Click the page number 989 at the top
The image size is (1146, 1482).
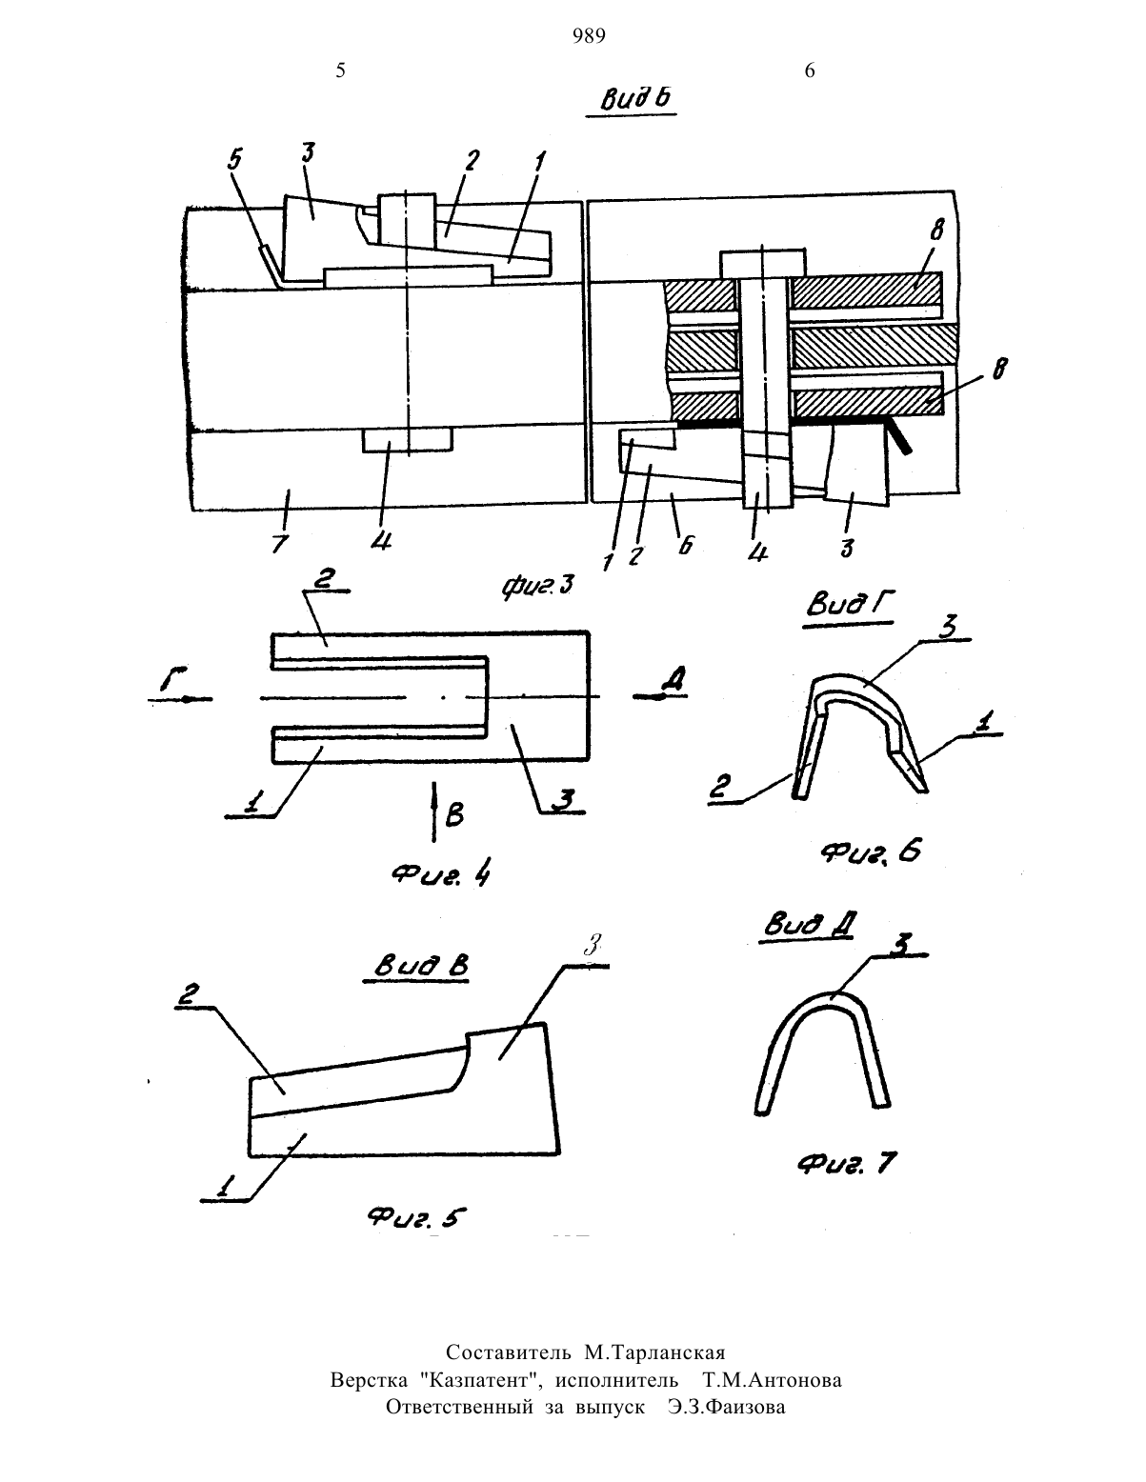coord(590,35)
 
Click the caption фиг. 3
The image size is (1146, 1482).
coord(538,586)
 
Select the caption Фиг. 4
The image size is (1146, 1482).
coord(441,874)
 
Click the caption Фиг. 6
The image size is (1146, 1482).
coord(871,851)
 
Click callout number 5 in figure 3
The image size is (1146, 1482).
coord(235,160)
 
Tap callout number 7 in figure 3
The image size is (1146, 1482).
coord(280,544)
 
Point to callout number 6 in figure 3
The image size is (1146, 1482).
coord(686,545)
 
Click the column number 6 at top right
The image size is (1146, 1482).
coord(810,70)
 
